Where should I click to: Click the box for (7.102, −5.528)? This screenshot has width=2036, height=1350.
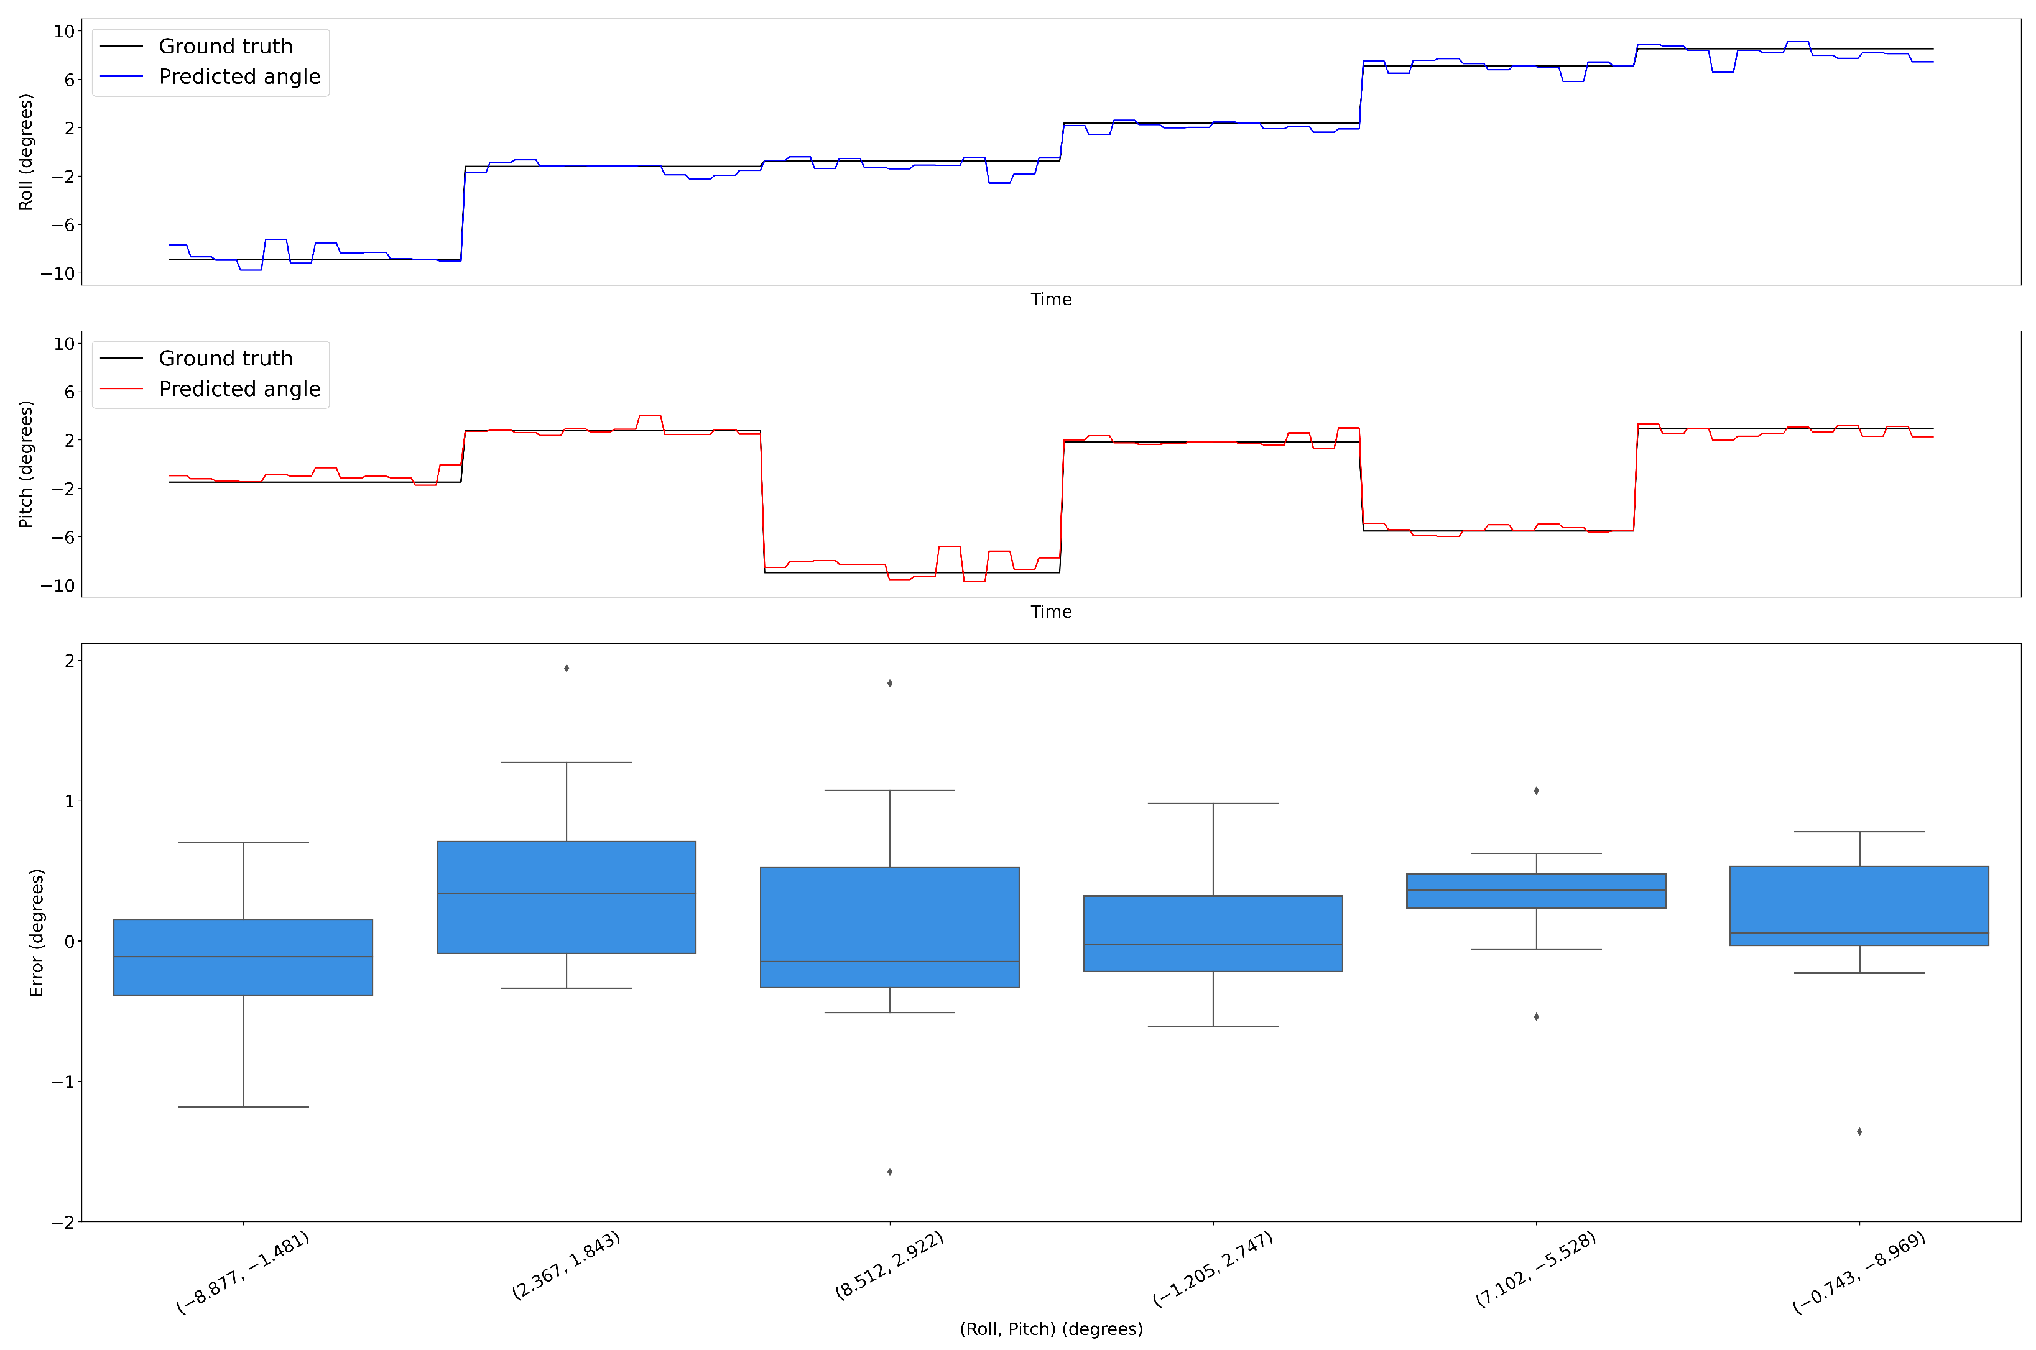tap(1535, 890)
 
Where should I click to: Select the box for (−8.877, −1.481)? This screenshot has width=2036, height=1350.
tap(243, 957)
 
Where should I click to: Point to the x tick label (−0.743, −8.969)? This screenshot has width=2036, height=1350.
tap(1858, 1272)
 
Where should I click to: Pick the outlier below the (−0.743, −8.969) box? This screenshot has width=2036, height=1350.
tap(1859, 1131)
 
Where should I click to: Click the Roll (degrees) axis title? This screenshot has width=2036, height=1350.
tap(26, 152)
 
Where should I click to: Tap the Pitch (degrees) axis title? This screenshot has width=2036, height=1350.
tap(26, 464)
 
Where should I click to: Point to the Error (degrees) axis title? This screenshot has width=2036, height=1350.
tap(36, 932)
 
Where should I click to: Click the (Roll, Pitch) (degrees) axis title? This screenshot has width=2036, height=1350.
tap(1051, 1328)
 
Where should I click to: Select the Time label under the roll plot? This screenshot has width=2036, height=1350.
tap(1051, 300)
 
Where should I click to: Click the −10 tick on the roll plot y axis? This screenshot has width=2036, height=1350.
tap(58, 273)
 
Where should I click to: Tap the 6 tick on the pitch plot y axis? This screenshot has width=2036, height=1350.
tap(69, 392)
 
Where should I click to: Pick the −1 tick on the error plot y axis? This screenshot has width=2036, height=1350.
tap(62, 1082)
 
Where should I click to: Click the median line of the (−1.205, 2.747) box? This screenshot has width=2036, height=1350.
tap(1213, 945)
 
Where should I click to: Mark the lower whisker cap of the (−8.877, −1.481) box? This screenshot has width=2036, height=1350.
tap(243, 1107)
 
